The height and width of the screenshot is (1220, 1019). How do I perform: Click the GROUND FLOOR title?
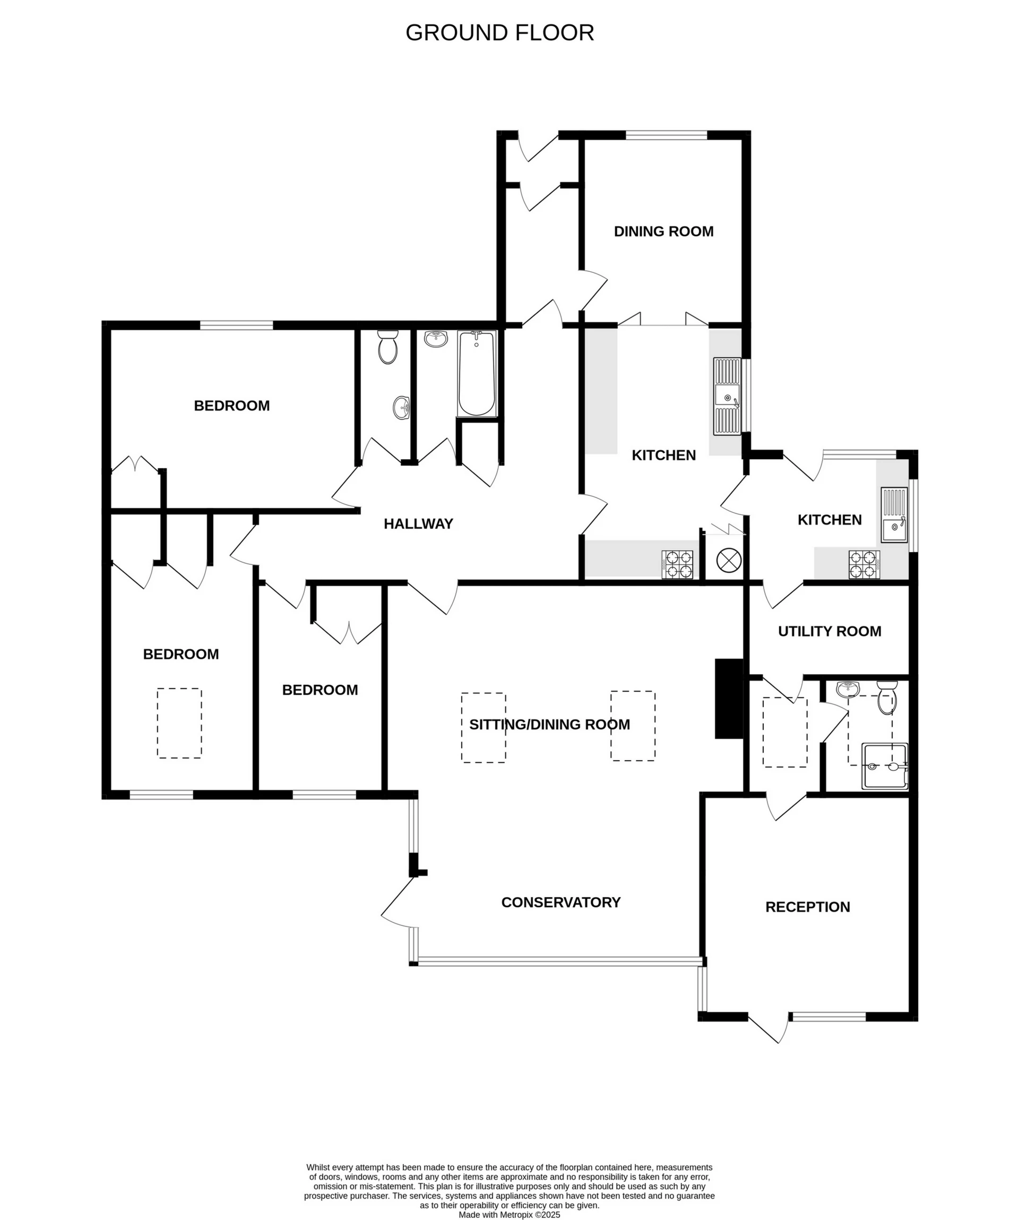[x=499, y=32]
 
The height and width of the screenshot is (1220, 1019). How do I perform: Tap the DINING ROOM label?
[x=663, y=231]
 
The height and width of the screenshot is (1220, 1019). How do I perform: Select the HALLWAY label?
[x=418, y=524]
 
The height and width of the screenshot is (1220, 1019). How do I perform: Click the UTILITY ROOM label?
[x=829, y=631]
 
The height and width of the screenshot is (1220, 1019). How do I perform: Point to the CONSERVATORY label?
[x=560, y=902]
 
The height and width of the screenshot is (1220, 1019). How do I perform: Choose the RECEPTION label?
[x=807, y=907]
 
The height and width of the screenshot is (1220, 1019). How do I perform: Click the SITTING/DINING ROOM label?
[x=549, y=725]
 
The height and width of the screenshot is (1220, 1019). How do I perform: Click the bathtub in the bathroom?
[x=476, y=374]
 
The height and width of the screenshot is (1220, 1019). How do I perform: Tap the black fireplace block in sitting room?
[x=728, y=698]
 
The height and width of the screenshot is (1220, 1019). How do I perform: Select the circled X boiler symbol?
[x=729, y=561]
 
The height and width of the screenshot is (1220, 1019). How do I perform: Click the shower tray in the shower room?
[x=884, y=766]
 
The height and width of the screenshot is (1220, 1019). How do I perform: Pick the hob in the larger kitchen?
[x=677, y=564]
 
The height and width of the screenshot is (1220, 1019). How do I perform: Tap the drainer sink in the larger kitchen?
[x=727, y=396]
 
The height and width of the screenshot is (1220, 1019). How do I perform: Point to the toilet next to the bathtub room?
[x=387, y=347]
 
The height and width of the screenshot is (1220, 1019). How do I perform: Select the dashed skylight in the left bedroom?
[x=179, y=723]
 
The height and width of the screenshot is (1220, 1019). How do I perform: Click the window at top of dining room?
[x=666, y=135]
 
